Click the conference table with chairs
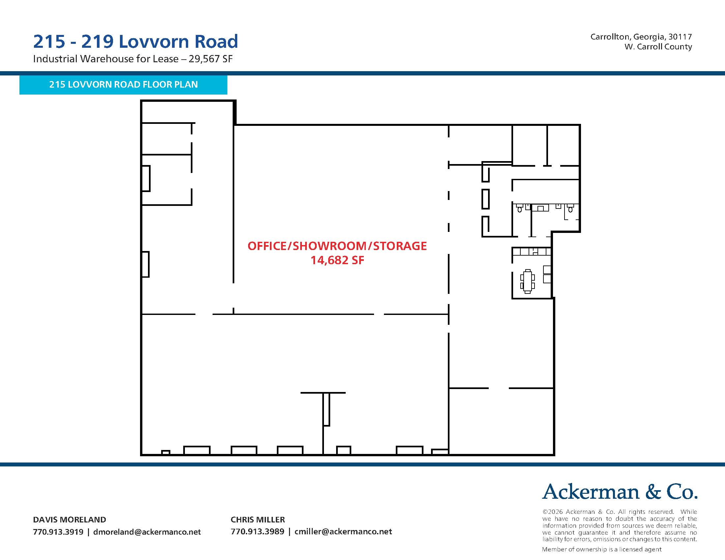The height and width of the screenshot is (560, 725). pyautogui.click(x=528, y=281)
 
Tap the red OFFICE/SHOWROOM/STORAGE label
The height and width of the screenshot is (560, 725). pyautogui.click(x=337, y=246)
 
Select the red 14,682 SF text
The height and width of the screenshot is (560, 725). pyautogui.click(x=337, y=260)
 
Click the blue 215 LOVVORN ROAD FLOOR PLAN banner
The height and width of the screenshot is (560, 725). pyautogui.click(x=123, y=85)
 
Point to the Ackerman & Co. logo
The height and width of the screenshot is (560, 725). pyautogui.click(x=620, y=492)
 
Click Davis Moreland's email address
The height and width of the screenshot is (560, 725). pyautogui.click(x=147, y=532)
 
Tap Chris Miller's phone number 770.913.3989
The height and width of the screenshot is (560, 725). pyautogui.click(x=258, y=531)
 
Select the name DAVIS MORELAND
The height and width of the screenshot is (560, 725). pyautogui.click(x=70, y=519)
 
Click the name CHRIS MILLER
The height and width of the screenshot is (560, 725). pyautogui.click(x=258, y=519)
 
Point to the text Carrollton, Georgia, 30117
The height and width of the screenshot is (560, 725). pyautogui.click(x=641, y=37)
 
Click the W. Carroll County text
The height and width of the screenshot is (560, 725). pyautogui.click(x=658, y=47)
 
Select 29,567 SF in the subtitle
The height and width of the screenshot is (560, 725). pyautogui.click(x=211, y=59)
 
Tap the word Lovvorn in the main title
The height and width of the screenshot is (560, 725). pyautogui.click(x=154, y=42)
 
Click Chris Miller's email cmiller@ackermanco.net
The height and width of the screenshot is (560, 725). pyautogui.click(x=343, y=531)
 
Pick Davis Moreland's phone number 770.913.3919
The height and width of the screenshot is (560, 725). pyautogui.click(x=58, y=532)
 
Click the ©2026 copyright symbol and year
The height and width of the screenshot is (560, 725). pyautogui.click(x=553, y=512)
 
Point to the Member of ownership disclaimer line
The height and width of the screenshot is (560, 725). pyautogui.click(x=601, y=549)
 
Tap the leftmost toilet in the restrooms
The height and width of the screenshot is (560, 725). pyautogui.click(x=519, y=208)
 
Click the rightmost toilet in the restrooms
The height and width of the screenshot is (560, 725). pyautogui.click(x=571, y=208)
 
